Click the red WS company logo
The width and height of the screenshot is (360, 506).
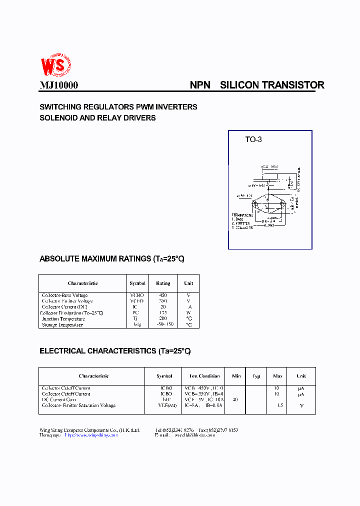coord(55,64)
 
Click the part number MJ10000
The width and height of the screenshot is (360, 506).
coord(59,85)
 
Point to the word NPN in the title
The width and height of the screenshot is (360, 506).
coord(200,85)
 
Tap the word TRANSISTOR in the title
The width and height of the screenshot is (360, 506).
coord(293,85)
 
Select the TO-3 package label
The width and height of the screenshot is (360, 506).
coord(253,139)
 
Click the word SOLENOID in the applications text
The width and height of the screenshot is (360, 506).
coord(59,118)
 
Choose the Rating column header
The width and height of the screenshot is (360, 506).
coord(163,283)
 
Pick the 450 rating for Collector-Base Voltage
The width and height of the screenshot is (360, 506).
coord(163,295)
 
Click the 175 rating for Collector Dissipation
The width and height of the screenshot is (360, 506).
coord(163,313)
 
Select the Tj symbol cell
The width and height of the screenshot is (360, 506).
coord(135,318)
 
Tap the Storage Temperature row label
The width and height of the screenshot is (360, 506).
coord(62,324)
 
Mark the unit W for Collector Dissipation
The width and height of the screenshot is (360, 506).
coord(189,313)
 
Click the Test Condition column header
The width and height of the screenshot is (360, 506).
coord(204,376)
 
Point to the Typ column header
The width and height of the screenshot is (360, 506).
coord(256,376)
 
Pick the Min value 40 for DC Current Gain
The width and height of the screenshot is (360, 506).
coord(235,399)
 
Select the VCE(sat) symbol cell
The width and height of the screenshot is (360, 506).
coord(164,405)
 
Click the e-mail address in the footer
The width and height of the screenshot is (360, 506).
coord(194,435)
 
